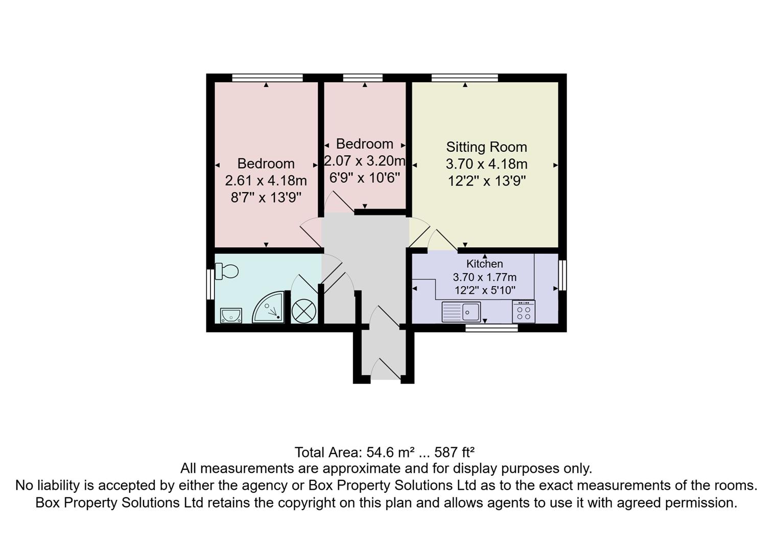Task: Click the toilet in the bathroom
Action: point(227,271)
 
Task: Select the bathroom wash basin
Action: point(231,315)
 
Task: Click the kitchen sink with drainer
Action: point(461,312)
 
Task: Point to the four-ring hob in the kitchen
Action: point(524,311)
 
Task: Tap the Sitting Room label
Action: point(486,147)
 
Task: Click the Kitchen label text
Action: point(484,264)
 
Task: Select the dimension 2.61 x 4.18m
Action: point(266,180)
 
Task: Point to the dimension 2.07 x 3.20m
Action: point(365,161)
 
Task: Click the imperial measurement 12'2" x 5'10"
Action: point(485,290)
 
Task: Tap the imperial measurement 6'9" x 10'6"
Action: point(365,178)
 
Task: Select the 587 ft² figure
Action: point(454,452)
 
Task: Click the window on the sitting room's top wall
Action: point(464,78)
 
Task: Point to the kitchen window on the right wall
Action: point(562,275)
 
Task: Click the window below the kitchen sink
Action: point(491,328)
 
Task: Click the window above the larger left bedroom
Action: point(267,78)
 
